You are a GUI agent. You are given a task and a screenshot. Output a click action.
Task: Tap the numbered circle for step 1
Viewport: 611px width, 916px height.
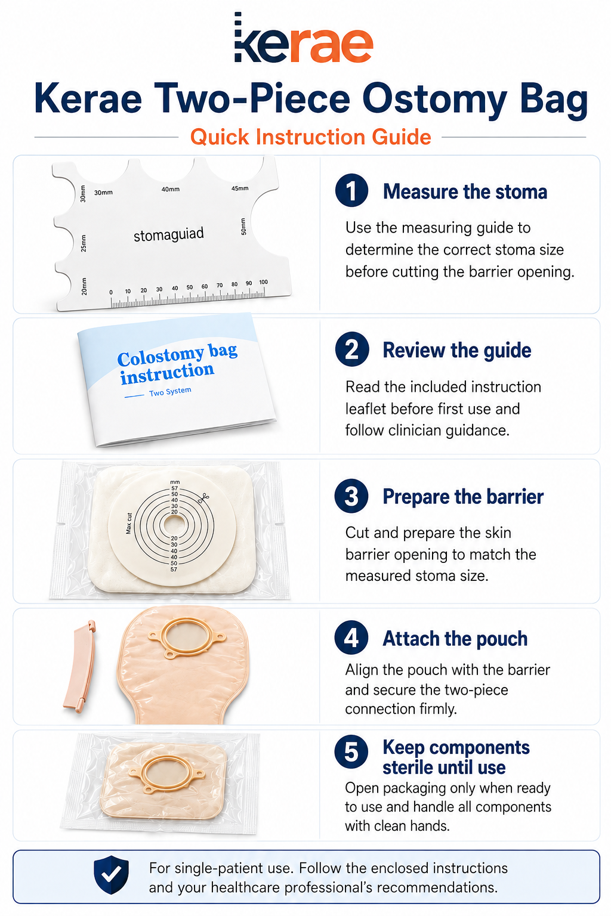coord(351,190)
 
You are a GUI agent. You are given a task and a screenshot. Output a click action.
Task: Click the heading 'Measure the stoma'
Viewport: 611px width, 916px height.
coord(465,191)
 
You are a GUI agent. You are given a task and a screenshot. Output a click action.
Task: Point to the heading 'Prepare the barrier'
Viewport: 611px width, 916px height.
coord(463,496)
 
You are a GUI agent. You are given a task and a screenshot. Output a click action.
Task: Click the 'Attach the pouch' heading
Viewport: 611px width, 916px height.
coord(455,638)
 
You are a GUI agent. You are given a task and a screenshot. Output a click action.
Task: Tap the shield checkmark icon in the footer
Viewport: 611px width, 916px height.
coord(112,875)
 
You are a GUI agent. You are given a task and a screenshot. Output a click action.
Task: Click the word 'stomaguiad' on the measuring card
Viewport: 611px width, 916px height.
coord(169,235)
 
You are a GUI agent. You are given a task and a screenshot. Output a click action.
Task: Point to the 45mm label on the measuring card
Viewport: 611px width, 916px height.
coord(240,188)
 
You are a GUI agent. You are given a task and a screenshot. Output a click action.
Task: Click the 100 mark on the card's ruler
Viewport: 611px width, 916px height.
coord(264,281)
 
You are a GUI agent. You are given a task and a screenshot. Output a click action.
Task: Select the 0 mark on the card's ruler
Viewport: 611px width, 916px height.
coord(111,292)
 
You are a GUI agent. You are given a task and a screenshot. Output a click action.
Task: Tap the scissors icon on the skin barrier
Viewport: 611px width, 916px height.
coord(203,498)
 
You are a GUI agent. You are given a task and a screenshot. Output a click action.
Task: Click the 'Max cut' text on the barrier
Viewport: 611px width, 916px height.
coord(128,524)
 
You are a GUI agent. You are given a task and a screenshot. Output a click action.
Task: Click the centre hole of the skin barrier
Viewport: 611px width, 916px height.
coord(174,524)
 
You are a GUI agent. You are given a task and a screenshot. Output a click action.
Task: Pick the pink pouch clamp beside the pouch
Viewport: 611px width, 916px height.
coord(79,667)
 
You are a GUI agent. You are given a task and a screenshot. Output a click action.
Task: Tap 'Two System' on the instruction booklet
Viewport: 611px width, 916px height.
coord(170,392)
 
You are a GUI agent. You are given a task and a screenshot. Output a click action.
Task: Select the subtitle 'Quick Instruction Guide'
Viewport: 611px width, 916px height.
coord(311,137)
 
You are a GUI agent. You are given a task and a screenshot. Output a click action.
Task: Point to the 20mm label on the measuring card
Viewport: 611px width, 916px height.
coord(84,286)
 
